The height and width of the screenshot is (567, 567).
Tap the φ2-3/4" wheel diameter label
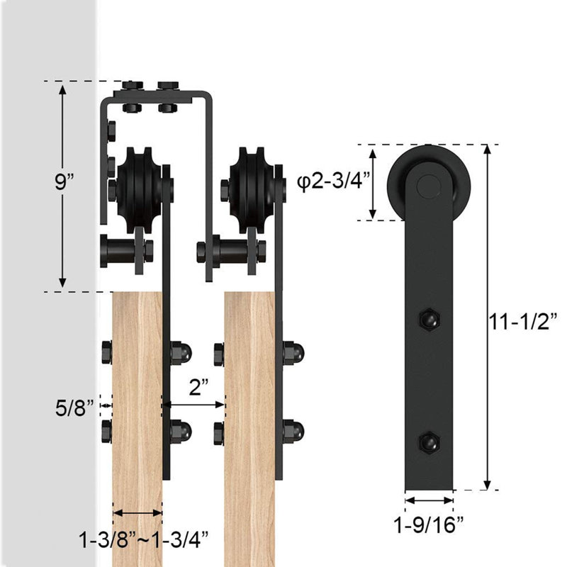tap(333, 181)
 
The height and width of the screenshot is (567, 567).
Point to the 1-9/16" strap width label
tap(429, 525)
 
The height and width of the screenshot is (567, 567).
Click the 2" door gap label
tap(198, 388)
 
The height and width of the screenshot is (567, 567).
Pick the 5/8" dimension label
tap(75, 408)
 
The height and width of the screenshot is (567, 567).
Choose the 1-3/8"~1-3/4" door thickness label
tap(144, 540)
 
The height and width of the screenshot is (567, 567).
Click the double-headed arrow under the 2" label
tap(193, 405)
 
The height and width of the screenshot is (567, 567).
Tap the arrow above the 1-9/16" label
tap(429, 500)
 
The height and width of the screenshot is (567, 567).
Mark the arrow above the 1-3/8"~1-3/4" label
tap(137, 512)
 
